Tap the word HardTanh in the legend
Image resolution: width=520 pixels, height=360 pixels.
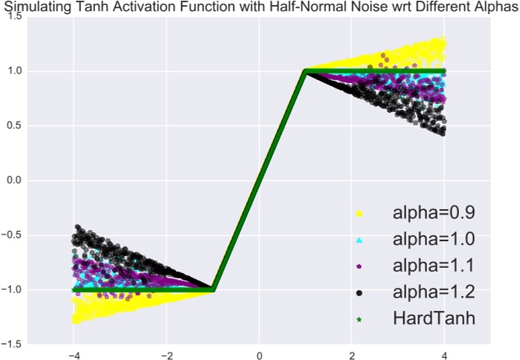[434, 318]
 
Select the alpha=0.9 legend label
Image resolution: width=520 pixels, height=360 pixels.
[434, 213]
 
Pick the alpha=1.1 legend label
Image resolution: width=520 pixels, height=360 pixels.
[434, 266]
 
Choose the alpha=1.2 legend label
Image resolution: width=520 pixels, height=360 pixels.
[434, 292]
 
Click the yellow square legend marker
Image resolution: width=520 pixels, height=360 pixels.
[359, 214]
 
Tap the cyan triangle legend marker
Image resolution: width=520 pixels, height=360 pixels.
[359, 240]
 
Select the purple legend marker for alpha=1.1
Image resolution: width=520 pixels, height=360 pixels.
[359, 266]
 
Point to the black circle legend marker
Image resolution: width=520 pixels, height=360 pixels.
[359, 293]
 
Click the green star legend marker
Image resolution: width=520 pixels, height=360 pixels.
[359, 319]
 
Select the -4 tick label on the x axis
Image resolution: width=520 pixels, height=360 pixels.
[73, 354]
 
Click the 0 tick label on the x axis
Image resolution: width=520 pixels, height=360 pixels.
[259, 354]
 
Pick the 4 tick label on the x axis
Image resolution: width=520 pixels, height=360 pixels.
[444, 354]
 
